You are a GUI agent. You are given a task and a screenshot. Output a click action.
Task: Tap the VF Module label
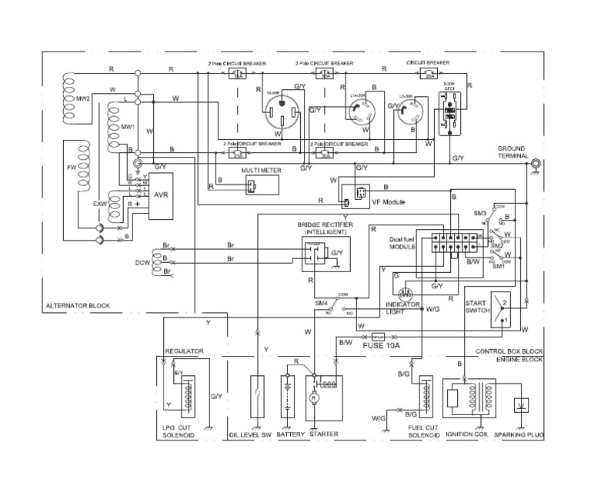[388, 202]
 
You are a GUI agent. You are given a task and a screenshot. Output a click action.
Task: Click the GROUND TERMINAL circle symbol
[533, 163]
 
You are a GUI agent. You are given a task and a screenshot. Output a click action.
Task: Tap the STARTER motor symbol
[313, 397]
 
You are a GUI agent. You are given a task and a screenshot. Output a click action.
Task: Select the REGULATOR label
[185, 351]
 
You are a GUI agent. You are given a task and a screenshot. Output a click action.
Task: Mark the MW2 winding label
[83, 98]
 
